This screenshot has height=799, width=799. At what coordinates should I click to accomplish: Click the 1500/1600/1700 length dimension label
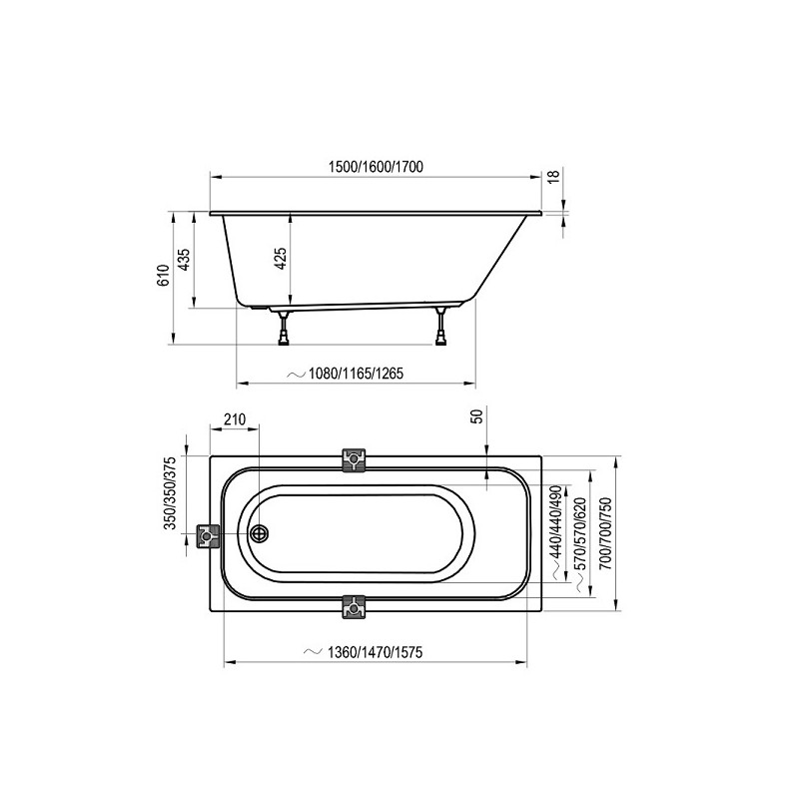click(x=377, y=167)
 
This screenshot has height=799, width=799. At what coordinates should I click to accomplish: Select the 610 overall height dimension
click(x=162, y=276)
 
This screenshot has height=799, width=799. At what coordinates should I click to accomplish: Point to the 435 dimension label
click(x=184, y=260)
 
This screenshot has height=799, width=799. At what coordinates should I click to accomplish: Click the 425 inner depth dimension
click(x=281, y=259)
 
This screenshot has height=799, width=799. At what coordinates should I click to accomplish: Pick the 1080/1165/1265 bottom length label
click(x=356, y=374)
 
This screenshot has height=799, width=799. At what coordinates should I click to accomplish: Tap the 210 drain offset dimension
click(x=235, y=419)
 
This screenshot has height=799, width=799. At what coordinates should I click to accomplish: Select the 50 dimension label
click(x=477, y=416)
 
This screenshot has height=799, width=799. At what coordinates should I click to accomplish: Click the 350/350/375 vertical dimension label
click(x=170, y=492)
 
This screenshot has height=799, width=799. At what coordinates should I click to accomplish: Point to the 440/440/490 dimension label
click(x=556, y=521)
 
